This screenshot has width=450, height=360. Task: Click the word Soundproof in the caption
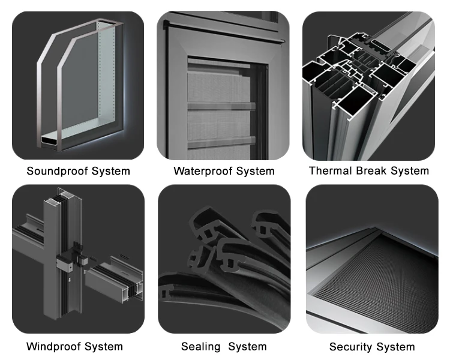pos(56,171)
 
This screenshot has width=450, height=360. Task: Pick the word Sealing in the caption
pos(200,347)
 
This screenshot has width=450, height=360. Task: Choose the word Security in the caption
pos(350,347)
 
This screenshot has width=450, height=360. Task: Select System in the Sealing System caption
pos(247,347)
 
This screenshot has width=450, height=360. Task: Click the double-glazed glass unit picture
pos(78,84)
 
